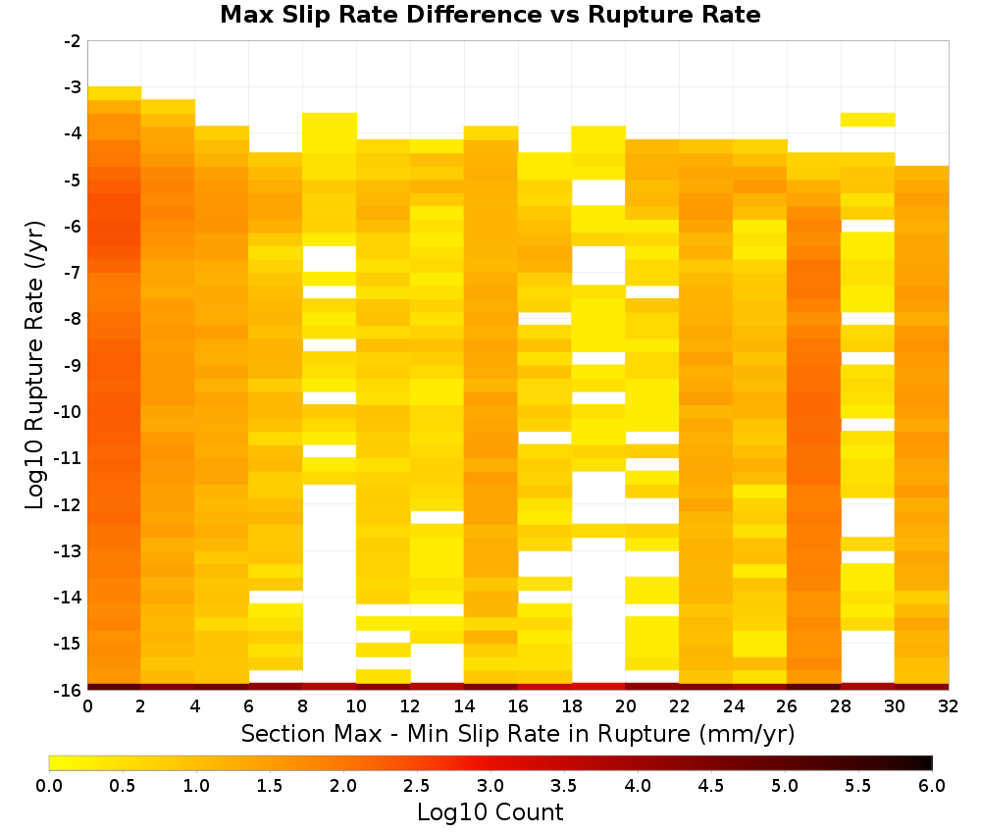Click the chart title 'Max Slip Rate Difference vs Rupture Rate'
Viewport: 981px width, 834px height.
pos(490,15)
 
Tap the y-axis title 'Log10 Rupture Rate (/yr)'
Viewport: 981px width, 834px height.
pos(35,365)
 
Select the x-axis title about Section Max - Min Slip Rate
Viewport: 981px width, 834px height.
pos(517,733)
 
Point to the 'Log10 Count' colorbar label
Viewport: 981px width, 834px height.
pos(490,812)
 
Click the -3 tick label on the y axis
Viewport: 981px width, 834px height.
pos(73,87)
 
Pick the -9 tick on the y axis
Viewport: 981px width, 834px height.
pos(73,365)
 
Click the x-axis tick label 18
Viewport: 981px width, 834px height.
pos(571,706)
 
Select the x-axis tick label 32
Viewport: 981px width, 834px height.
pos(948,706)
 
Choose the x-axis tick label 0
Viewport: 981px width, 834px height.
pos(87,706)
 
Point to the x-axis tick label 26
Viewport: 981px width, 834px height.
pos(787,706)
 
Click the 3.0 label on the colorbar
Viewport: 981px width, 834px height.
pos(490,785)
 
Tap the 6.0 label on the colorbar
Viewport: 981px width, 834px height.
pos(932,785)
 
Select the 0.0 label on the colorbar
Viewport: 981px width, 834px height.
pos(49,785)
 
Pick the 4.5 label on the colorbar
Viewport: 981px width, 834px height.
pos(710,785)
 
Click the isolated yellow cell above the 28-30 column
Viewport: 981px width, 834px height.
pos(867,120)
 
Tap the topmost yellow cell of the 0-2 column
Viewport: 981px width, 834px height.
pos(115,93)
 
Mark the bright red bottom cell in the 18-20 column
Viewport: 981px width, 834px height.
pos(598,687)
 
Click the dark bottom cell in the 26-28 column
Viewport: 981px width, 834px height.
pos(813,687)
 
